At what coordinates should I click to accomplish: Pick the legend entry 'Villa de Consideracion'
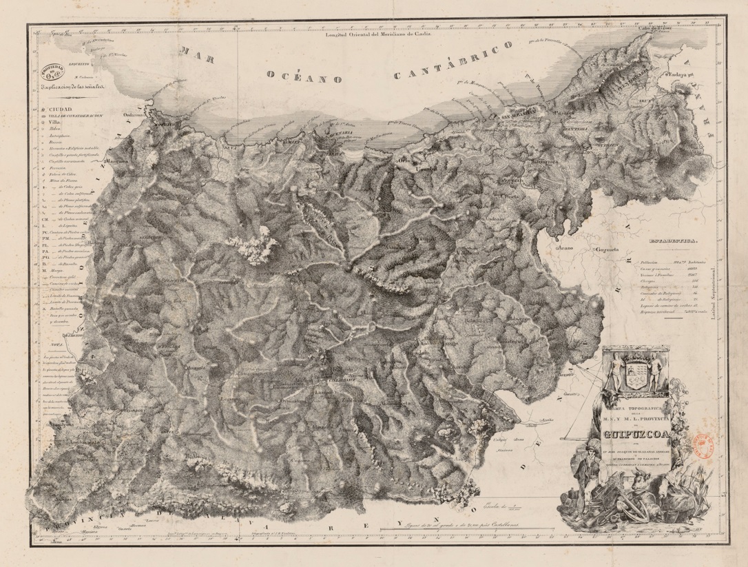(76, 116)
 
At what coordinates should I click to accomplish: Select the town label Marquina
(118, 163)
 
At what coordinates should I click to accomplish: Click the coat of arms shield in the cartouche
(636, 375)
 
